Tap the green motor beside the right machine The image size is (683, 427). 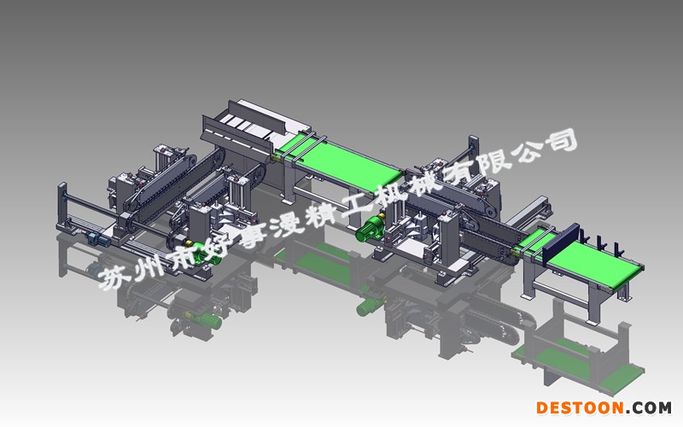coord(369,229)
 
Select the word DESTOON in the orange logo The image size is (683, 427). coord(580,408)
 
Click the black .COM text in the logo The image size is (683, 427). coord(649,408)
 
